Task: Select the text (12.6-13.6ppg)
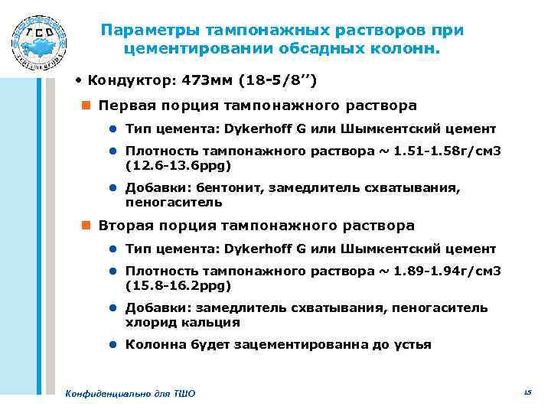coord(178,164)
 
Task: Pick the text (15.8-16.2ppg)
coord(178,285)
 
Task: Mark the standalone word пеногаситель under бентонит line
coord(174,202)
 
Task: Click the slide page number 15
coord(527,392)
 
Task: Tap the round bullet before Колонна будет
coord(112,345)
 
